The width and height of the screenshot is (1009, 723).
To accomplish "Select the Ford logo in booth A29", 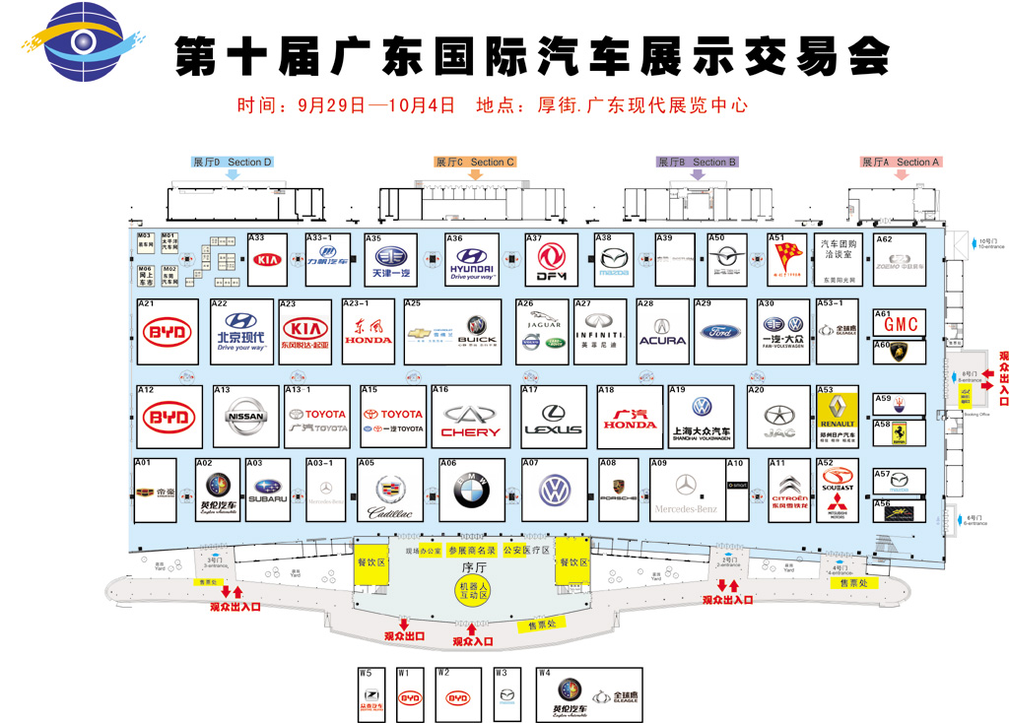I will point(720,332).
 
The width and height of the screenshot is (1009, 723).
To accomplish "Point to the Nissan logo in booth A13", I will point(245,417).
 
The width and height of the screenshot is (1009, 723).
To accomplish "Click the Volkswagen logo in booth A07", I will point(555,490).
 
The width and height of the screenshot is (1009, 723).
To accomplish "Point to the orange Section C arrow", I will point(475,174).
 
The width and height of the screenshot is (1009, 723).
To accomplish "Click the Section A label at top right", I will point(902,162).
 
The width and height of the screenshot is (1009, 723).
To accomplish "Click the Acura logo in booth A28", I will point(662,332).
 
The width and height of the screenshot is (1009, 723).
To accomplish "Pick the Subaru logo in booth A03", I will point(268,488).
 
